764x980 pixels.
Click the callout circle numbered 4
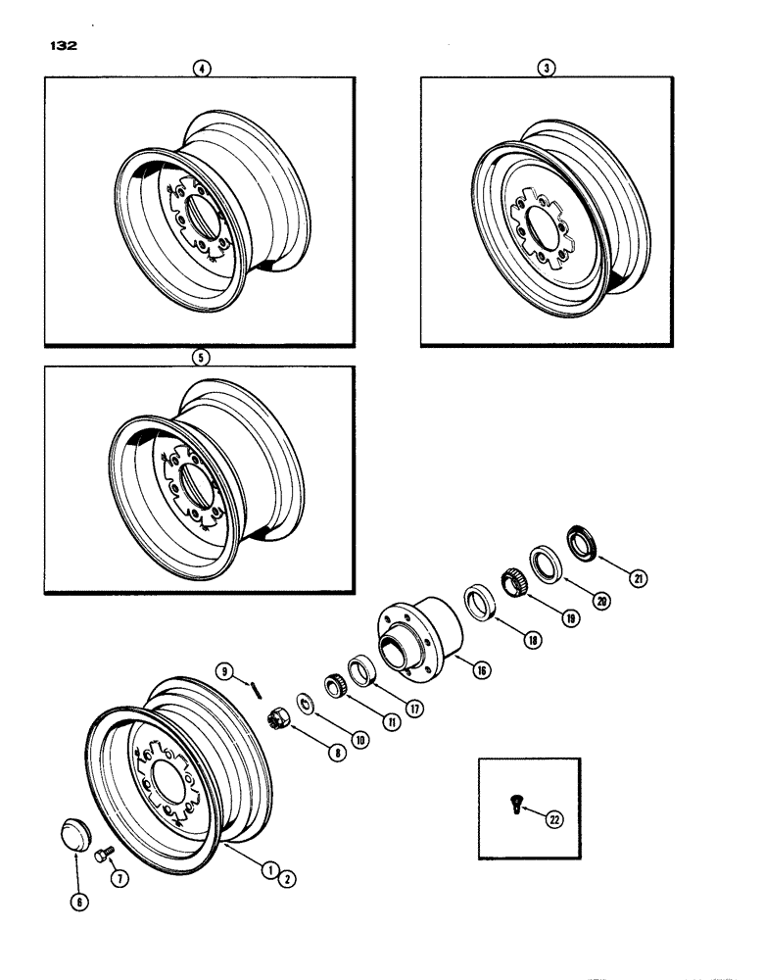[x=201, y=69]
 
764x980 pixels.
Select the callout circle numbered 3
[x=547, y=69]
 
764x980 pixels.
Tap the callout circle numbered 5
[x=201, y=358]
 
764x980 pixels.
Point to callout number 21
[x=640, y=580]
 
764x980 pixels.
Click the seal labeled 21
[x=582, y=543]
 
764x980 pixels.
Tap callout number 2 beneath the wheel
[x=289, y=878]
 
